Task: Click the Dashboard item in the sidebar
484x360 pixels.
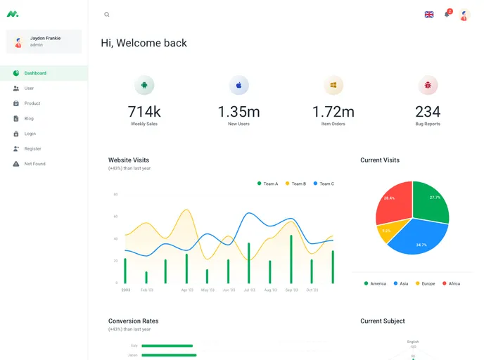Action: [35, 73]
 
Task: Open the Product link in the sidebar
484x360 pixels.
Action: [32, 103]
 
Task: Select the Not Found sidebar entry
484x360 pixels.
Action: [34, 164]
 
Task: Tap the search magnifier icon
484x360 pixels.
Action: [107, 15]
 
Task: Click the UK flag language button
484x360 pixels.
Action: [429, 15]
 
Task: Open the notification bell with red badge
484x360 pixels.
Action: [447, 15]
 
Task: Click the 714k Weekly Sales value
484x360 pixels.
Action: [144, 112]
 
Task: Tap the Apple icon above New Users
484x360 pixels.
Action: [239, 86]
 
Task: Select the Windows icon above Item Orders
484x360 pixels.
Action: [333, 86]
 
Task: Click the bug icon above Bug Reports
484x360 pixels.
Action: [428, 86]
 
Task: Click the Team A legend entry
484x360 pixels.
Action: [267, 184]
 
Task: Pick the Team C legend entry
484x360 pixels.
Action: [324, 184]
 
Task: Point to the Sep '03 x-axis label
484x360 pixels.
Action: [291, 290]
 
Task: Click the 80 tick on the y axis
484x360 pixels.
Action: [115, 194]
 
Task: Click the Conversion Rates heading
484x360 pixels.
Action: [134, 321]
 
